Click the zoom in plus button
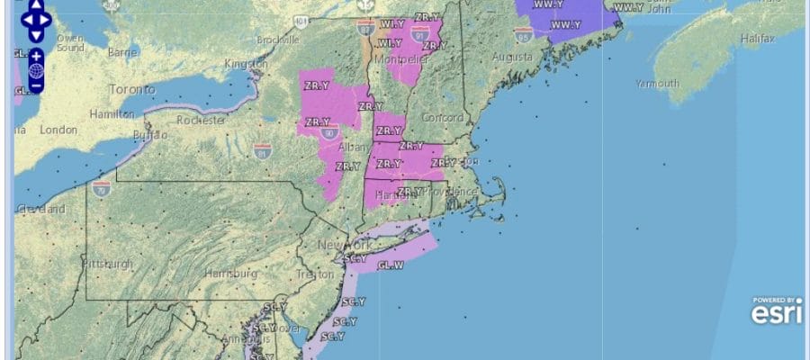[x=35, y=56]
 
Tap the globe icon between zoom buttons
[x=35, y=70]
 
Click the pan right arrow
[x=47, y=17]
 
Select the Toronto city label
[x=131, y=90]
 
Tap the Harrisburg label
[x=230, y=273]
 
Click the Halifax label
[x=757, y=40]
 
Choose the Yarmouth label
[x=656, y=84]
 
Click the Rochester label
[x=201, y=119]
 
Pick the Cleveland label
[x=40, y=209]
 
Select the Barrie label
[x=122, y=52]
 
